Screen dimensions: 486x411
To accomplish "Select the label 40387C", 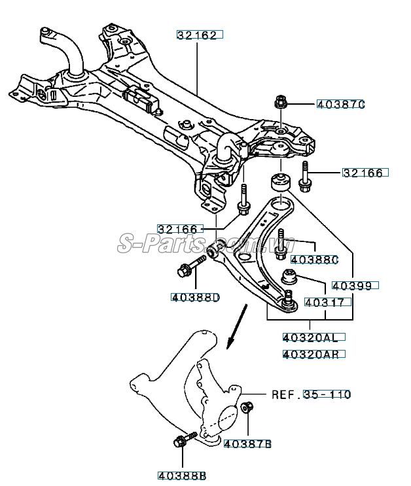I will point(340,104).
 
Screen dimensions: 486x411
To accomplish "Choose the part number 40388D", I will point(195,298).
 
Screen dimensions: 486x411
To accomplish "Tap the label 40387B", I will point(247,444).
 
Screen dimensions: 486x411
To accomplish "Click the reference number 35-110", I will point(327,394).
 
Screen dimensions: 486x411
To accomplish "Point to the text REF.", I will point(285,394).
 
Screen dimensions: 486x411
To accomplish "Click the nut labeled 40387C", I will point(279,103).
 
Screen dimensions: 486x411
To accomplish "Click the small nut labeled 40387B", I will point(247,409).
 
